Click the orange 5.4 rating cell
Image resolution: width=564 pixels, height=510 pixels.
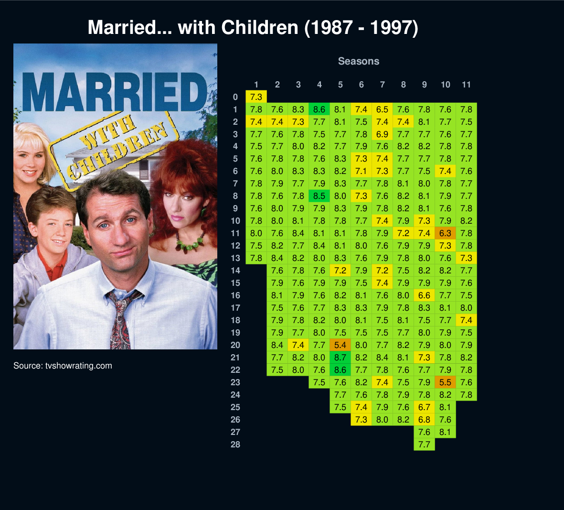(340, 345)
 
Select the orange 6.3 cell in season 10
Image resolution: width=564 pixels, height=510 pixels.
(445, 233)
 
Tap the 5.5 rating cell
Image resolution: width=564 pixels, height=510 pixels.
(445, 382)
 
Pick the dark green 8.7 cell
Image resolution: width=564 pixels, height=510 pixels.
(340, 358)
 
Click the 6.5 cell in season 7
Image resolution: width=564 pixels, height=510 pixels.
(382, 109)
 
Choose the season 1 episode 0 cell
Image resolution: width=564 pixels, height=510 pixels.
(256, 97)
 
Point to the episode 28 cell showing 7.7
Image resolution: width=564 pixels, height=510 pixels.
(425, 445)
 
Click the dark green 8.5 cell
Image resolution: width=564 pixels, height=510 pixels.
(319, 196)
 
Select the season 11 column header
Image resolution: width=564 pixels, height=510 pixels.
(466, 85)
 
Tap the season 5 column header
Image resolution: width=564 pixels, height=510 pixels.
(341, 85)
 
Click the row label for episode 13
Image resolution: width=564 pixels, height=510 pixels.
(235, 258)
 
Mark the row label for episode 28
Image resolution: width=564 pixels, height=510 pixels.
(235, 445)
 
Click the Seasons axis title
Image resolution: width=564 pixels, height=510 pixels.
(359, 61)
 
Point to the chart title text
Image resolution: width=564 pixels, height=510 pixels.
(253, 27)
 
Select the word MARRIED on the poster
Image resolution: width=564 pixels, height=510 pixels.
(115, 92)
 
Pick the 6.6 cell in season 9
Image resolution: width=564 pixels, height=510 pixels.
(425, 295)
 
